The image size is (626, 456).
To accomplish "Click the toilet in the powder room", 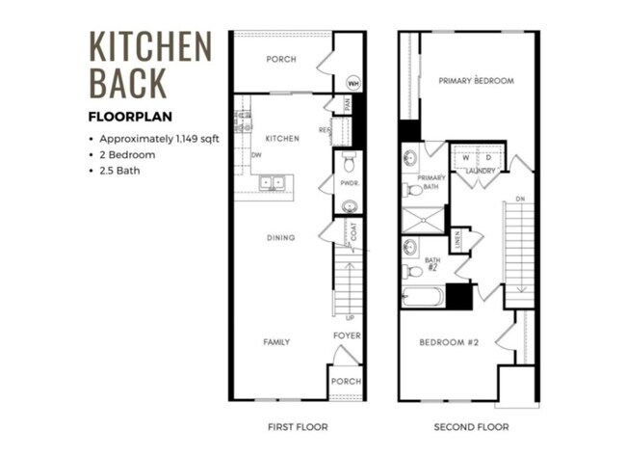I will (349, 159).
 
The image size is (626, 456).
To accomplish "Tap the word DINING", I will (281, 238).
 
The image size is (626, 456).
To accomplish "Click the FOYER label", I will (347, 335).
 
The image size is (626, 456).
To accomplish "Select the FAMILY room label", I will (277, 342).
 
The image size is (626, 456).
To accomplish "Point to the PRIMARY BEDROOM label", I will (476, 81).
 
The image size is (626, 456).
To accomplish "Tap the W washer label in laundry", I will (466, 156).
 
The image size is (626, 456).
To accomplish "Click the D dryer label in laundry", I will (488, 156).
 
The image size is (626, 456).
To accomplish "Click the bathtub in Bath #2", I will (423, 294).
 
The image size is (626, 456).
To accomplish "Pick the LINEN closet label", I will (457, 237).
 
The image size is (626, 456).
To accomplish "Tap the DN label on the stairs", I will (521, 200).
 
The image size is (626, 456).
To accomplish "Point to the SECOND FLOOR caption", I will (470, 426).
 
